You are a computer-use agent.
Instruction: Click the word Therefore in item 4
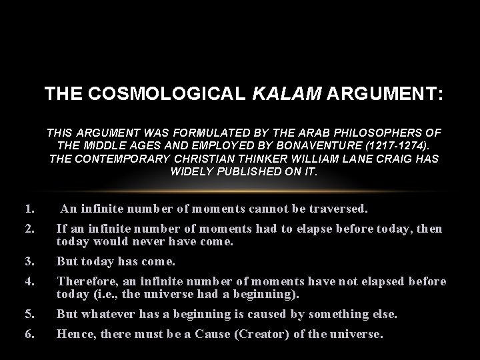point(84,281)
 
